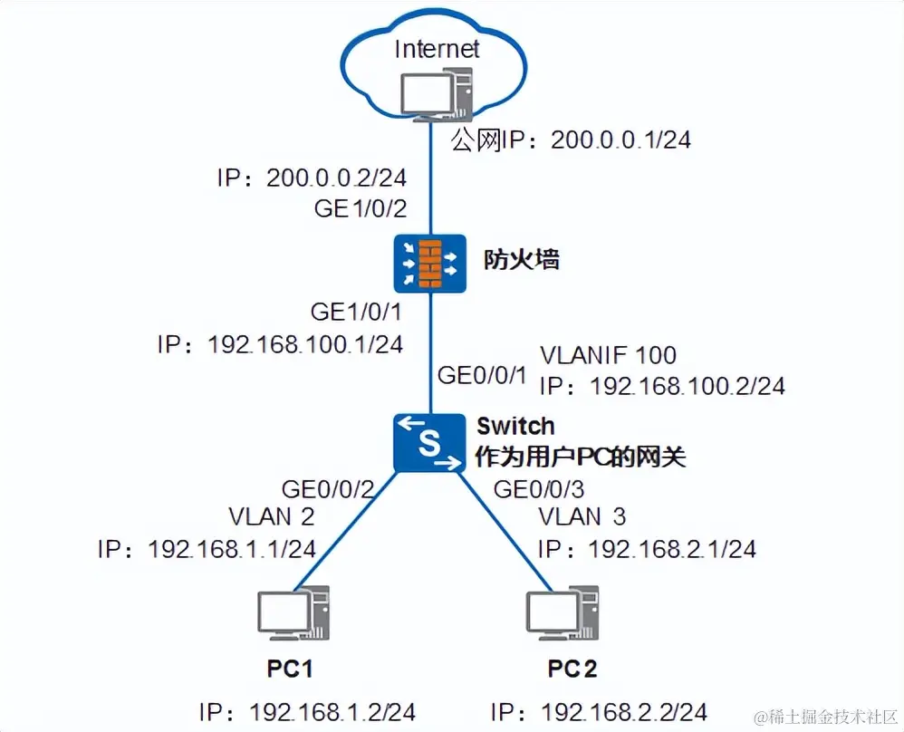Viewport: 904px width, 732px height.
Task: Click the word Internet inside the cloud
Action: tap(436, 48)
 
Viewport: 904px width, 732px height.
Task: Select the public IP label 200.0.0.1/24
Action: tap(572, 140)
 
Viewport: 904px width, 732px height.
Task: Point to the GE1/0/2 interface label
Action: tap(360, 208)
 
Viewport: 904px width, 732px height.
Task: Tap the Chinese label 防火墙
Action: tap(523, 260)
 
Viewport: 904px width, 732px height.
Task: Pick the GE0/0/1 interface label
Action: tap(481, 374)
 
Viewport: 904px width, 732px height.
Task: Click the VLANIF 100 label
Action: tap(608, 354)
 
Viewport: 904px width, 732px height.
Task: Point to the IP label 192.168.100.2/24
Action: tap(661, 386)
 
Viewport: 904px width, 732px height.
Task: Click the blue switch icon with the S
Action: tap(429, 441)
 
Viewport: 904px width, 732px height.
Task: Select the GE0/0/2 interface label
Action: tap(328, 490)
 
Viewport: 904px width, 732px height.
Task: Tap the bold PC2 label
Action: tap(572, 669)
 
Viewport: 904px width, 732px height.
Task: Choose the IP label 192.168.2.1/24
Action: tap(647, 549)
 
